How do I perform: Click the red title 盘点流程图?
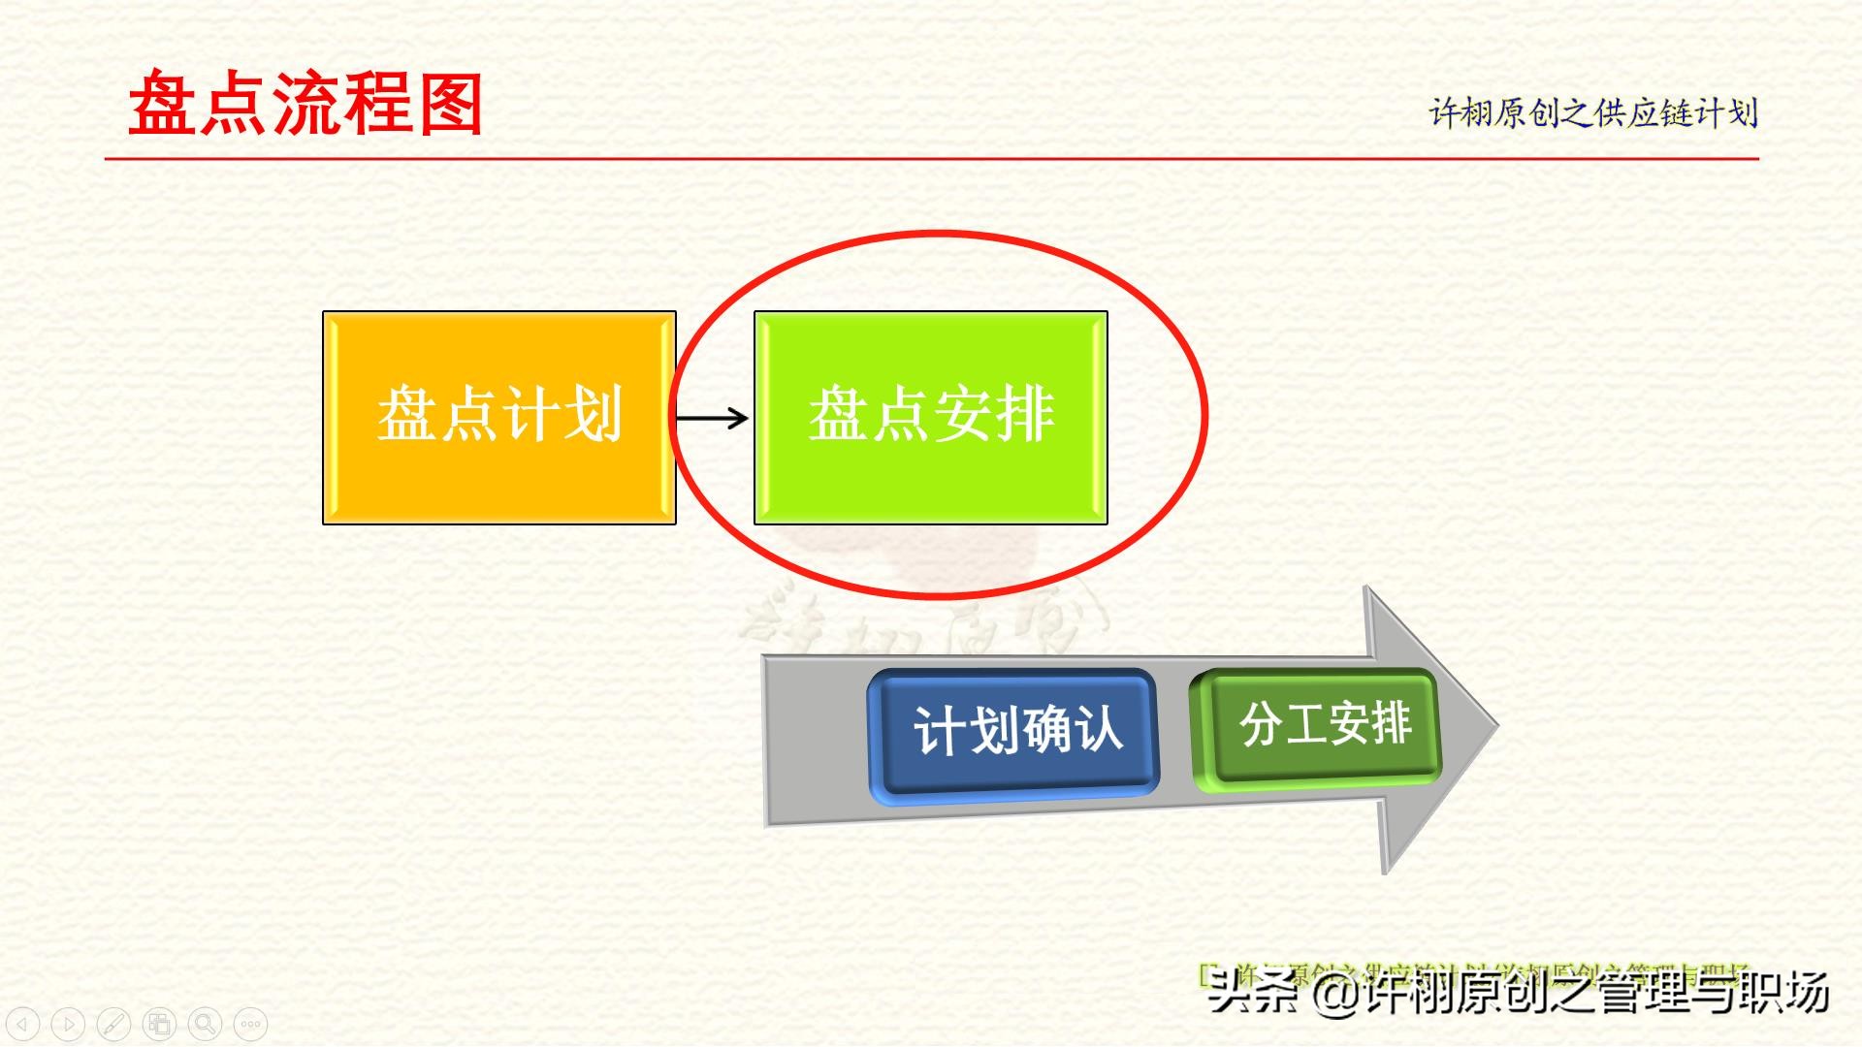[x=305, y=104]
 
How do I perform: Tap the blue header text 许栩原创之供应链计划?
[x=1592, y=113]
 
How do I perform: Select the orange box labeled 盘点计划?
[x=498, y=417]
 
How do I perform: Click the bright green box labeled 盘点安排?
[x=930, y=417]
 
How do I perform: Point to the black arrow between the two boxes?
[x=713, y=418]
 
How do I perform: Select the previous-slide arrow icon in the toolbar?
[x=22, y=1024]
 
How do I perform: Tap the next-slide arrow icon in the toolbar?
[x=68, y=1024]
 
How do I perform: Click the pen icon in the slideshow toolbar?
[x=113, y=1024]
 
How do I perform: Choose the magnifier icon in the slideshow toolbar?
[x=205, y=1024]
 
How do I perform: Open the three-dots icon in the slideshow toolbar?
[x=250, y=1024]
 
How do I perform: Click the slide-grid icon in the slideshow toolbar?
[x=159, y=1024]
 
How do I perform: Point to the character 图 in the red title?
[x=450, y=104]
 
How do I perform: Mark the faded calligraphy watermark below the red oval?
[x=921, y=620]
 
